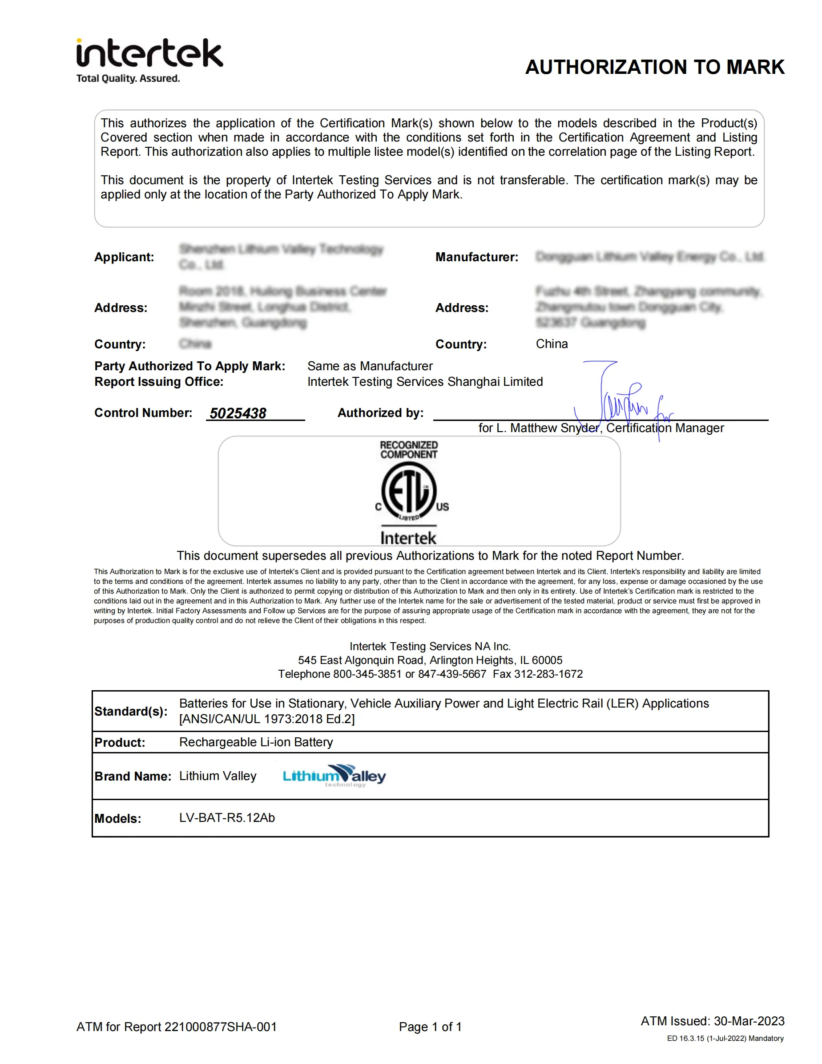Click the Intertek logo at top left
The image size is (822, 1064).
(x=149, y=60)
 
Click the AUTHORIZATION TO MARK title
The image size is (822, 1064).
(x=654, y=67)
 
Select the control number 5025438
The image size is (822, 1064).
(x=238, y=413)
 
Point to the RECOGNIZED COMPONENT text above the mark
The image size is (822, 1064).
(x=409, y=449)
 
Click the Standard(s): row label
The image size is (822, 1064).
(x=130, y=711)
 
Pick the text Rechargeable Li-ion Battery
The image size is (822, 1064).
(x=256, y=742)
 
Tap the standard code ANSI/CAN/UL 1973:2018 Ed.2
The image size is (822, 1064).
(x=267, y=719)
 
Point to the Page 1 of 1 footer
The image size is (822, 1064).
(x=430, y=1027)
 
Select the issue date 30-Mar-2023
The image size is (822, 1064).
(x=749, y=1021)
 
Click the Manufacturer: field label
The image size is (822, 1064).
(x=476, y=257)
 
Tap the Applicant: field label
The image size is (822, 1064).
(x=124, y=257)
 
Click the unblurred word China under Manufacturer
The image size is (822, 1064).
(x=552, y=344)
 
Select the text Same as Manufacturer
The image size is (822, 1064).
(x=370, y=366)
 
